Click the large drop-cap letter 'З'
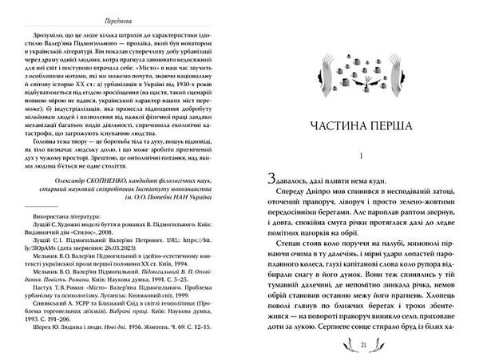coord(266,181)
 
